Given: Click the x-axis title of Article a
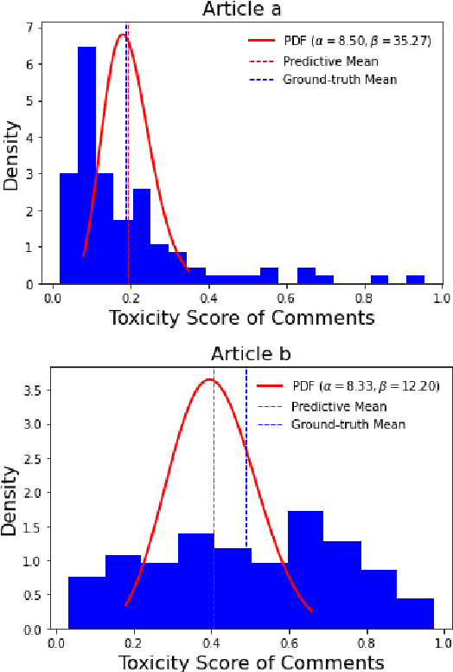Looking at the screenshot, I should coord(242,318).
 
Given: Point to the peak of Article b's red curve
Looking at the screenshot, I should coord(211,379).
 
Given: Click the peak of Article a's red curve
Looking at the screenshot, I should coord(123,35).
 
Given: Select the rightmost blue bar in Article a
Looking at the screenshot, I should coord(415,280).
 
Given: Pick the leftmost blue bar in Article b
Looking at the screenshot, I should coord(86,602).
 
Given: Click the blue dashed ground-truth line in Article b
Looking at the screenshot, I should coord(246,520).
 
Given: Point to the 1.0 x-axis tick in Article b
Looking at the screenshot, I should coord(443,644).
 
